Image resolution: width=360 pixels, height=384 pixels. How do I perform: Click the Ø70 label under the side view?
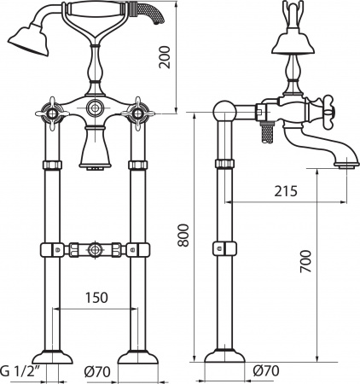pos(266,371)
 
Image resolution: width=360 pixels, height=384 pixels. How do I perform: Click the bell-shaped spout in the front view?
pos(92,154)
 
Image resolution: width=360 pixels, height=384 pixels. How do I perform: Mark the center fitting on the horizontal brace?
pos(92,252)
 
